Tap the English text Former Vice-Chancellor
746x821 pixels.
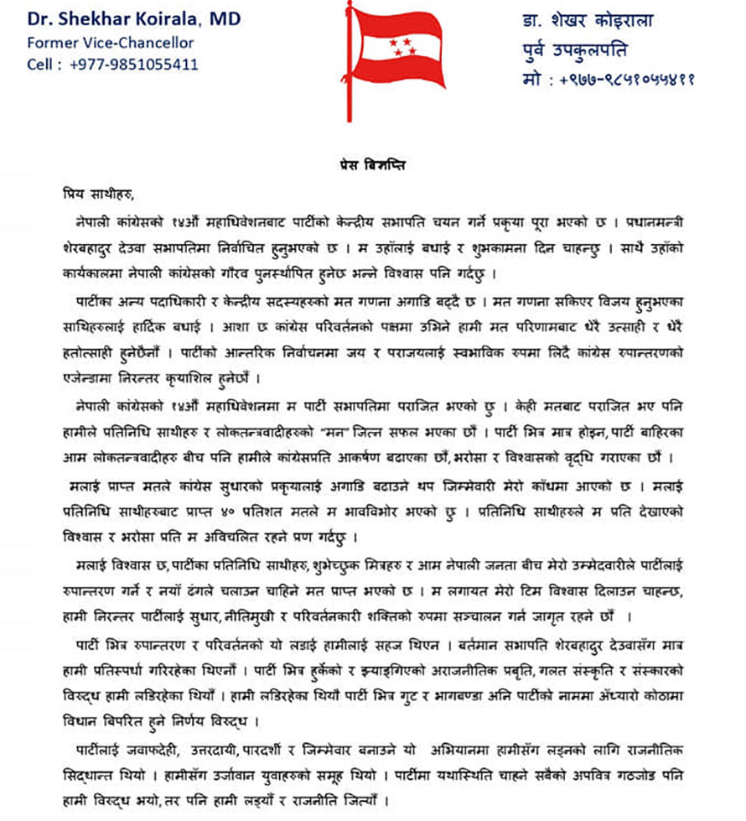tap(110, 42)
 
